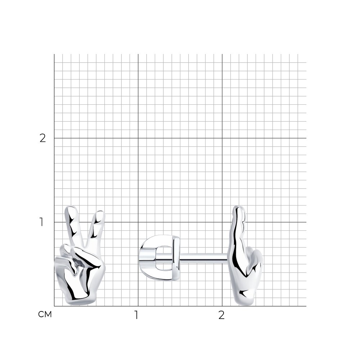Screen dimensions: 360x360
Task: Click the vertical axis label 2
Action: tap(43, 138)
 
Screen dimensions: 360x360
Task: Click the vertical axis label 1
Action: tap(41, 222)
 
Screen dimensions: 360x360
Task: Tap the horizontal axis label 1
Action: tap(136, 315)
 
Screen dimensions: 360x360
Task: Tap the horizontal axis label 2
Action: tap(221, 315)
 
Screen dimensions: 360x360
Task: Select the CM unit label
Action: tap(45, 314)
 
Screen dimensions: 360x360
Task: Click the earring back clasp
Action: tap(159, 258)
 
